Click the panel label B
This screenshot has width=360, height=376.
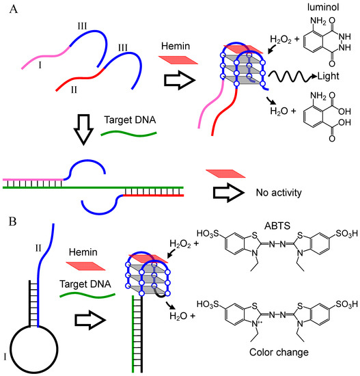(x=10, y=222)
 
